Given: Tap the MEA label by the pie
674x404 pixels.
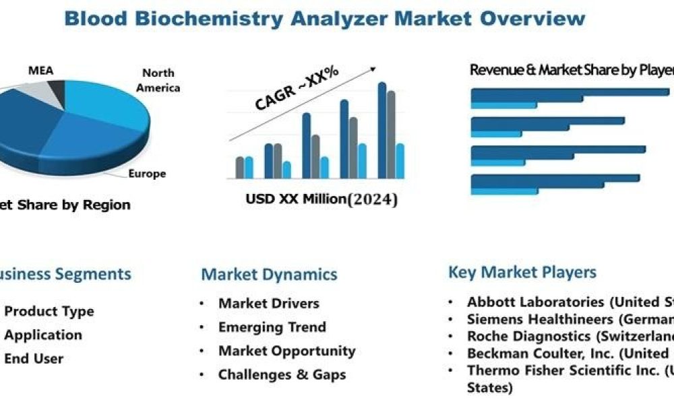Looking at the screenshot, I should pyautogui.click(x=40, y=70).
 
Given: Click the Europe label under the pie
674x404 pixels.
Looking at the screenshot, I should pyautogui.click(x=147, y=174).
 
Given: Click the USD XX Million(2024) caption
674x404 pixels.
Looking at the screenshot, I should pyautogui.click(x=321, y=199).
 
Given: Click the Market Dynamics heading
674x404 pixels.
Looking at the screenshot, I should pyautogui.click(x=269, y=274).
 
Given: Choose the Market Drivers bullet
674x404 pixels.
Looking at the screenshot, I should pyautogui.click(x=268, y=304).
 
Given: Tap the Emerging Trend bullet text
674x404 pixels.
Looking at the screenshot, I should pyautogui.click(x=272, y=327).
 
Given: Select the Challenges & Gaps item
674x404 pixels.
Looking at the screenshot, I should pyautogui.click(x=282, y=375).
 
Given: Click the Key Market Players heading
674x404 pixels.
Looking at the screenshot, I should pyautogui.click(x=522, y=272).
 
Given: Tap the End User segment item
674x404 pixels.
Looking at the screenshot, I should pyautogui.click(x=34, y=358).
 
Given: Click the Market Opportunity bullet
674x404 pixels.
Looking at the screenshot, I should pyautogui.click(x=286, y=351).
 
